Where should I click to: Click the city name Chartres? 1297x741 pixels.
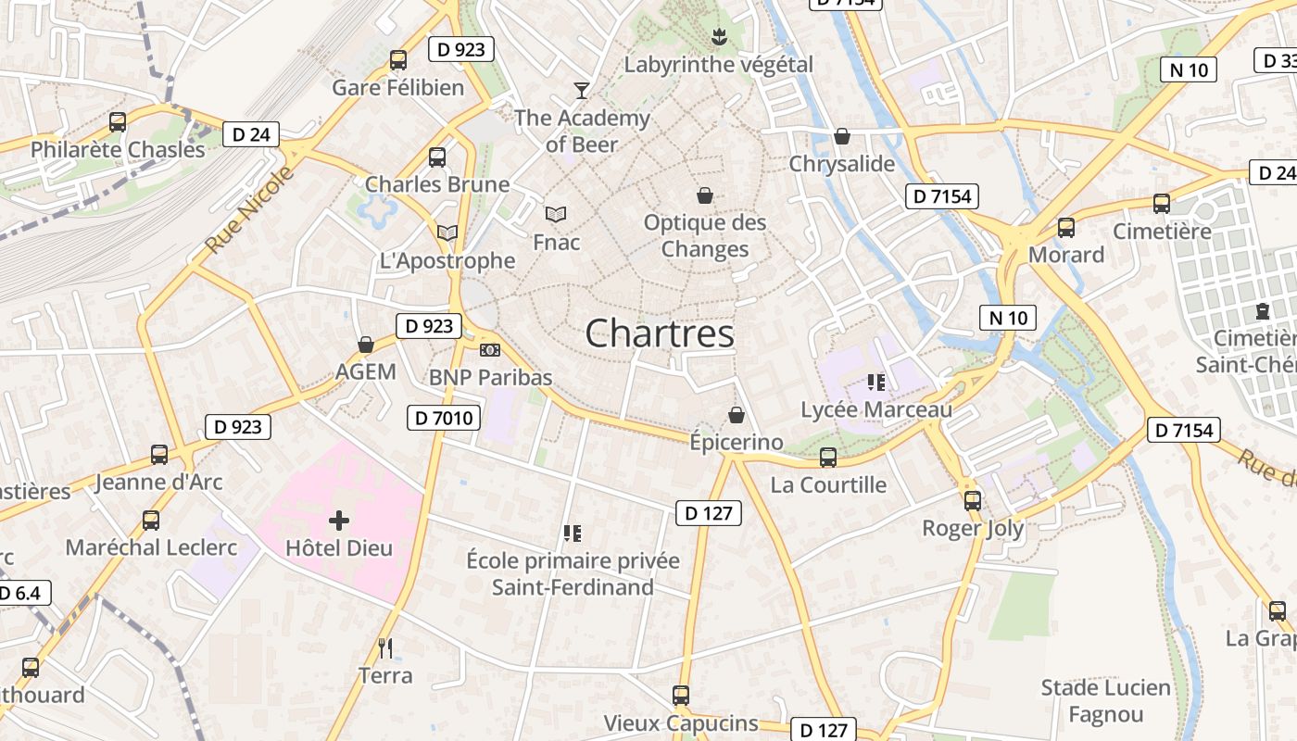click(660, 333)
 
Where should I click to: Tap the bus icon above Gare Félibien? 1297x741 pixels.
click(398, 60)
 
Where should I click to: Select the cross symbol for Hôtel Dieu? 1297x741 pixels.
click(339, 521)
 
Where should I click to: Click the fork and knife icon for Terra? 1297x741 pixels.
click(385, 648)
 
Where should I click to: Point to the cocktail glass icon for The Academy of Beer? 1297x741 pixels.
click(581, 90)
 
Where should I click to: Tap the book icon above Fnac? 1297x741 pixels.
click(556, 214)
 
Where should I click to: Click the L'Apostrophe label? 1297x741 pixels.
click(447, 260)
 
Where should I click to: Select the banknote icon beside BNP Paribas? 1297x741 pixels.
click(490, 350)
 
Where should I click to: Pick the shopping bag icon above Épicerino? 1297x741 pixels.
click(737, 415)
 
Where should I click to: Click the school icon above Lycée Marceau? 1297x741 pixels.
click(875, 382)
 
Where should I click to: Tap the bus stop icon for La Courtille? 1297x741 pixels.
click(828, 458)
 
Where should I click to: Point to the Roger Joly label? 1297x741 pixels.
click(973, 528)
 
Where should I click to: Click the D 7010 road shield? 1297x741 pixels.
click(443, 419)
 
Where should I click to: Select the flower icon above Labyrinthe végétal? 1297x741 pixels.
click(718, 37)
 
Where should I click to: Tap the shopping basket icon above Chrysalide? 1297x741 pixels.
click(842, 137)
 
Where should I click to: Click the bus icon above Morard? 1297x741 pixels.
click(1066, 227)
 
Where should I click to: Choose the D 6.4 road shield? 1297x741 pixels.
click(20, 593)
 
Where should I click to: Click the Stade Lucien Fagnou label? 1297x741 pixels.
click(1105, 701)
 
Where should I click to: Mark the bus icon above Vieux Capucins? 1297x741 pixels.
click(681, 696)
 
